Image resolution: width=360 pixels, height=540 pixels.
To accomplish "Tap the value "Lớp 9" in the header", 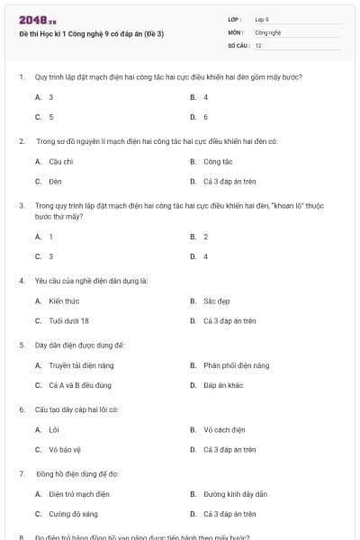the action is (262, 19).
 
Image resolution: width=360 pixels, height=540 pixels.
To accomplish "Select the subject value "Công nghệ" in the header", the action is (268, 31).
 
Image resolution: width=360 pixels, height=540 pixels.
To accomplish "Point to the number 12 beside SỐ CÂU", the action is (258, 45).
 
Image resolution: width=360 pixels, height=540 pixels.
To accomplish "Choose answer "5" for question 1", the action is (51, 117).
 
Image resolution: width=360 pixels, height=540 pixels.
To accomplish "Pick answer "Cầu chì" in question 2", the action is (61, 162).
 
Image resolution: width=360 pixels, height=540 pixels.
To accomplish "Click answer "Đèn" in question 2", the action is (55, 182).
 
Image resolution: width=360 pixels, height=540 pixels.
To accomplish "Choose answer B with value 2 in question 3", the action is (205, 237).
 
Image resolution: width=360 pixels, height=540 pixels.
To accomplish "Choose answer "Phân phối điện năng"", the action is (236, 366).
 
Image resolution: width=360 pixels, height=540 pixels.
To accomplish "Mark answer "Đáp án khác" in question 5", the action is (223, 385).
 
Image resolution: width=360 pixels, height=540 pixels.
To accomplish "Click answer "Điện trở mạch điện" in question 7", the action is (79, 494).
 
